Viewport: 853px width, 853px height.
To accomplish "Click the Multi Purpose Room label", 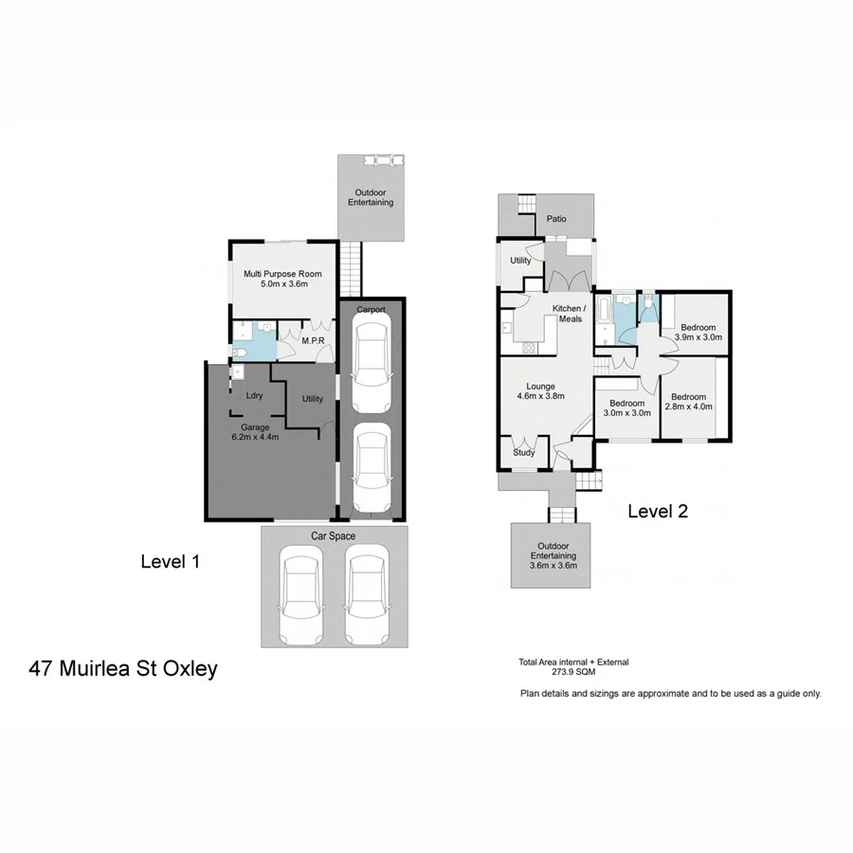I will [x=282, y=280].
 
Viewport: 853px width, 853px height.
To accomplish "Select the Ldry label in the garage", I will [x=254, y=396].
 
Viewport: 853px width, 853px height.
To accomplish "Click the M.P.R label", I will [x=313, y=340].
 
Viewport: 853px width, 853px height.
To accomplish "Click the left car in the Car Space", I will [x=301, y=596].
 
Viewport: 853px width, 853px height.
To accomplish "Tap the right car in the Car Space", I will [x=367, y=596].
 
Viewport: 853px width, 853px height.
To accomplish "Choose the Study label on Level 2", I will [x=524, y=452].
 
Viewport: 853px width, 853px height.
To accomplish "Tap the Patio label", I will [x=556, y=219].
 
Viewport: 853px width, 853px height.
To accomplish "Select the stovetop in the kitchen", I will [x=528, y=348].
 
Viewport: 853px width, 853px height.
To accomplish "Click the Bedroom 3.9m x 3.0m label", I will [x=698, y=332].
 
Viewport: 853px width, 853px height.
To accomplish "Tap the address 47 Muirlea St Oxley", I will [x=123, y=669].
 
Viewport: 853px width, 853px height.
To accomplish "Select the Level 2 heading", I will [x=658, y=512].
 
